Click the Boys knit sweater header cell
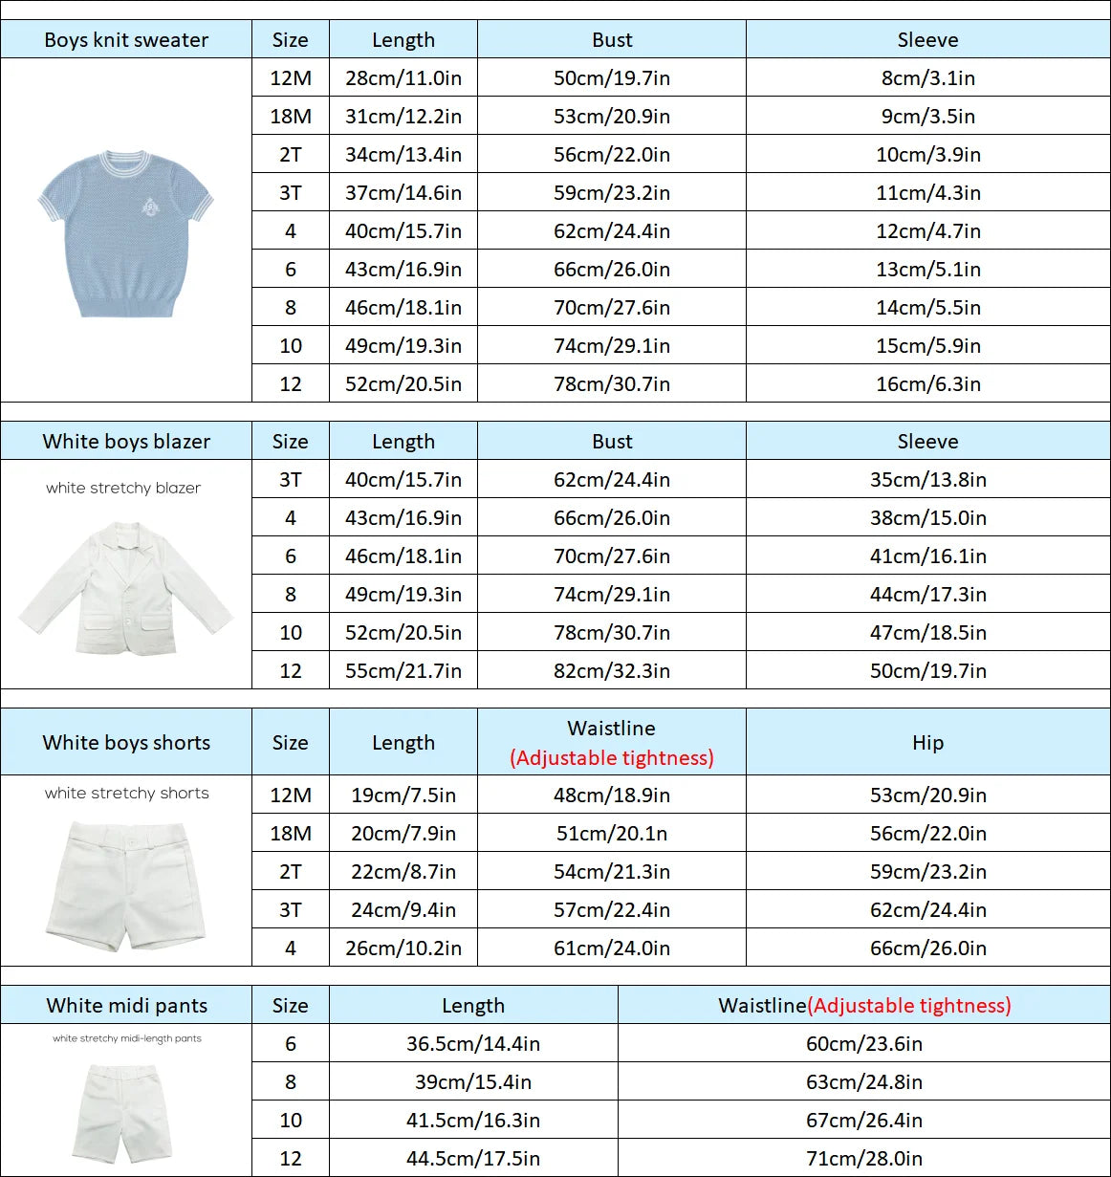click(x=126, y=40)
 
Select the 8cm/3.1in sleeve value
click(x=927, y=78)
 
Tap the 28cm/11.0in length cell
click(x=403, y=78)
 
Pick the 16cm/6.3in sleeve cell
click(x=927, y=384)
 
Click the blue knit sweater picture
click(x=125, y=232)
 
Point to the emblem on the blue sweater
click(x=151, y=206)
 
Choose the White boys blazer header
click(x=126, y=442)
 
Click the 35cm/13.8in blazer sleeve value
click(x=927, y=480)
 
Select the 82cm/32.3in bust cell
click(x=611, y=671)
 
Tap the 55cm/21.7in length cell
click(x=403, y=671)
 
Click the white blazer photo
click(x=125, y=588)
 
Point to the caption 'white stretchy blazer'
click(x=123, y=488)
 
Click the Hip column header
click(x=927, y=743)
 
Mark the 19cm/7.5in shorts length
click(x=403, y=796)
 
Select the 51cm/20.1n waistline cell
click(x=611, y=834)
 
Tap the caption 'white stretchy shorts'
click(x=126, y=793)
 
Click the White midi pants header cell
click(x=126, y=1006)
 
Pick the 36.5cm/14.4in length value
click(x=472, y=1044)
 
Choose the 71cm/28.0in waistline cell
click(x=863, y=1159)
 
